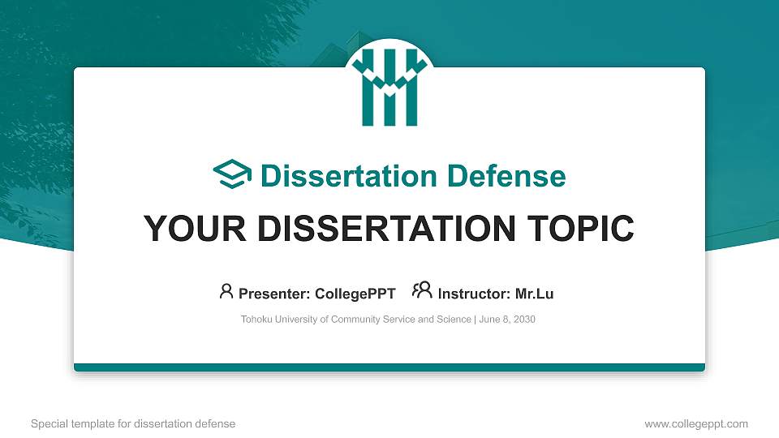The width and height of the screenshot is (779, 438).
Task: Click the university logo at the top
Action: tap(389, 87)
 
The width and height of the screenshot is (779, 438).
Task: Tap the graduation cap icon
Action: tap(232, 175)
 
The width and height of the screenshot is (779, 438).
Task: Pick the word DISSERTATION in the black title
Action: tap(381, 230)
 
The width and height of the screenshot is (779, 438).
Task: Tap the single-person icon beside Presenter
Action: tap(226, 291)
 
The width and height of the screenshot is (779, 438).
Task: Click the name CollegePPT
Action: tap(355, 294)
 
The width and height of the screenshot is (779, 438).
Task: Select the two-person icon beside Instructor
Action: tap(422, 290)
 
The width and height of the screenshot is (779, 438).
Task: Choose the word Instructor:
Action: tap(474, 294)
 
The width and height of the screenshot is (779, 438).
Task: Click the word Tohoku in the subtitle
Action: tap(258, 320)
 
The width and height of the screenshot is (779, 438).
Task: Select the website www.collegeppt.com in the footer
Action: tap(696, 423)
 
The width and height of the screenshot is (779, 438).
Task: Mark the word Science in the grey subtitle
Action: tap(452, 320)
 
